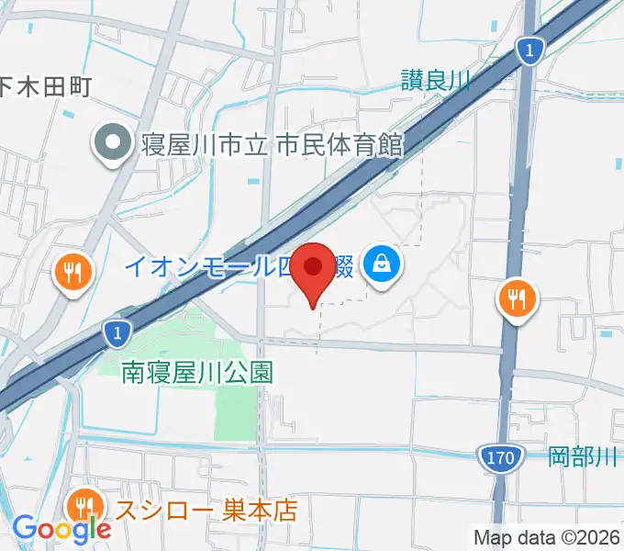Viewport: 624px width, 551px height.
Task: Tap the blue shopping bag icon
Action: pos(380,265)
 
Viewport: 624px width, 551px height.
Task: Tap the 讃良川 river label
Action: pos(434,82)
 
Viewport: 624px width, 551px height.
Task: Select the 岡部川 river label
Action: pos(585,456)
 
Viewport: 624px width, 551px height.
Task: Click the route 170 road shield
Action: pos(500,455)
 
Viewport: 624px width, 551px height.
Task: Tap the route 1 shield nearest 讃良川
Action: pos(529,52)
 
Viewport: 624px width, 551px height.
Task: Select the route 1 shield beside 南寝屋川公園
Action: pos(115,334)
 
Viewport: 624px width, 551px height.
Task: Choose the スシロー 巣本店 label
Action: pos(206,510)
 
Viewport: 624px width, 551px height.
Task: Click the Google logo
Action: pos(61,529)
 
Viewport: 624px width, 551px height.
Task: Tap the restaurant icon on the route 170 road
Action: pos(518,298)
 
